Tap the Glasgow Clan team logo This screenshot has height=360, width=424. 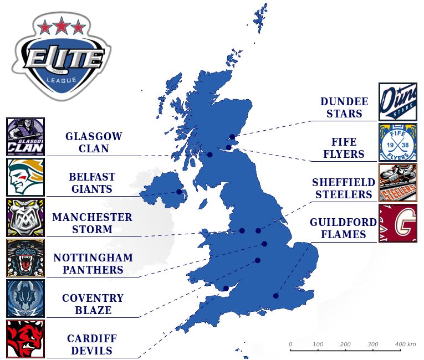[25, 137]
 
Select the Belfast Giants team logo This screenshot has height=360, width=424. [25, 177]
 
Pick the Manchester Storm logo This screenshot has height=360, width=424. [25, 218]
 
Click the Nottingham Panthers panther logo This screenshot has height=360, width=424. [25, 258]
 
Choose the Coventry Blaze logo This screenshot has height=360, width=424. [25, 299]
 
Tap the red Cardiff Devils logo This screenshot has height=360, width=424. [25, 339]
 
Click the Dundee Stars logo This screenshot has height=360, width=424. [397, 102]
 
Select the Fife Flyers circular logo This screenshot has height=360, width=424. [397, 142]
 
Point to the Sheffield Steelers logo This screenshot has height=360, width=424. [397, 183]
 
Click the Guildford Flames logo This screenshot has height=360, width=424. [397, 223]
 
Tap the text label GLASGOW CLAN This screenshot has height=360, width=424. [94, 142]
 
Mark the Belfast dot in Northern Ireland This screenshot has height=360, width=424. [179, 192]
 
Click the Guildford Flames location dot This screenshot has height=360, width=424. [275, 296]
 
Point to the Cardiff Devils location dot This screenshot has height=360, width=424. [226, 288]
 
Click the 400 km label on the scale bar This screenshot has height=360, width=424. [405, 344]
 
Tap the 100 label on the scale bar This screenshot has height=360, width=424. [318, 344]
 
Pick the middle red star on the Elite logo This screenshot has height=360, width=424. [62, 25]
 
